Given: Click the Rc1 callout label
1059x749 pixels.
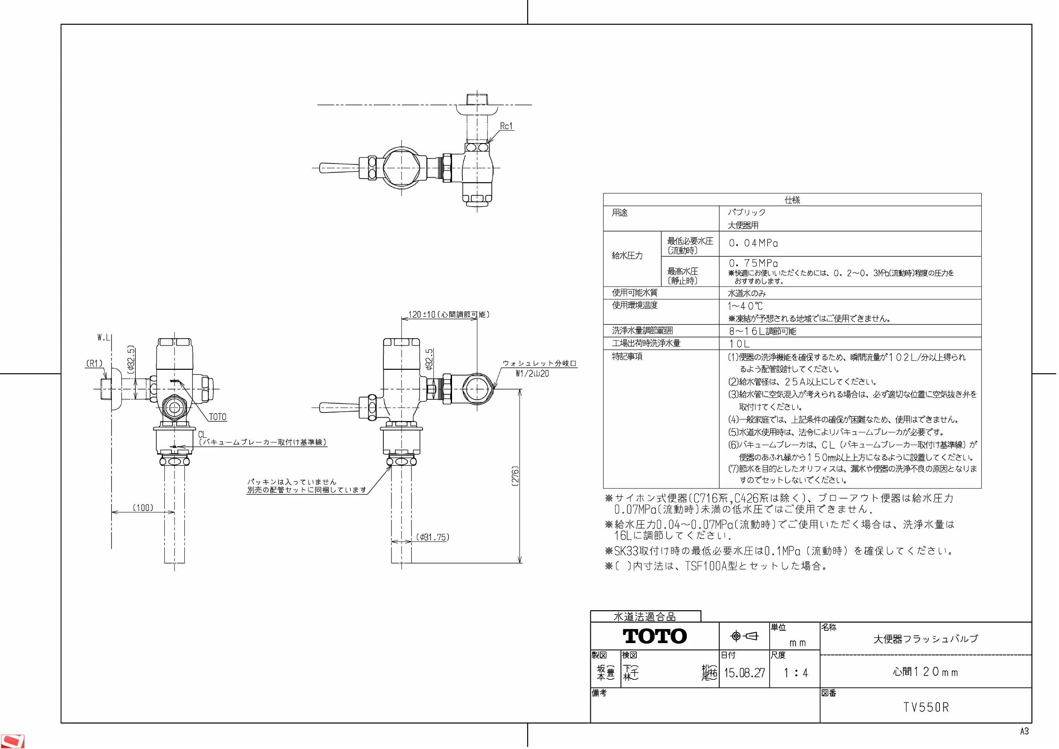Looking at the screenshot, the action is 506,126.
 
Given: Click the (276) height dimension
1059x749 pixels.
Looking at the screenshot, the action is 516,476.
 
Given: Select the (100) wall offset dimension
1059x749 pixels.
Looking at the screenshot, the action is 143,508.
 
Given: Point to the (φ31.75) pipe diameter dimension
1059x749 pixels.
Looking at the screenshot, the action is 432,537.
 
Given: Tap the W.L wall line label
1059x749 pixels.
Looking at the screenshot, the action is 104,338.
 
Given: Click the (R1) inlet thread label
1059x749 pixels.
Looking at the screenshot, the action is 95,364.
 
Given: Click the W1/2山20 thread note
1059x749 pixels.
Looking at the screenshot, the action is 532,374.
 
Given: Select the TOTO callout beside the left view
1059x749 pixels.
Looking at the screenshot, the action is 218,417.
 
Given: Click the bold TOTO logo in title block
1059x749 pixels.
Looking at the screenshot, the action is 655,636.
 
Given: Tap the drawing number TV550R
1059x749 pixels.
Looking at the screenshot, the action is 926,708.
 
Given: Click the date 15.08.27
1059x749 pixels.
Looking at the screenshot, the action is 744,673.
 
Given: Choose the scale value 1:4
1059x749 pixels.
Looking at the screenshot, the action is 796,673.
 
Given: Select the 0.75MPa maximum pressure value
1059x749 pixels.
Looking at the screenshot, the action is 753,263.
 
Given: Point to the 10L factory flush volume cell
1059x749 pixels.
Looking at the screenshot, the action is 739,344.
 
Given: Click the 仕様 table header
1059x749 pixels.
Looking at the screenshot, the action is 792,200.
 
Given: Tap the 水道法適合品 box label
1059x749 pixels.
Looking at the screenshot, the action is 645,617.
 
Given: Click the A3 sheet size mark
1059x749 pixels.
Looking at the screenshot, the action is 1024,731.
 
